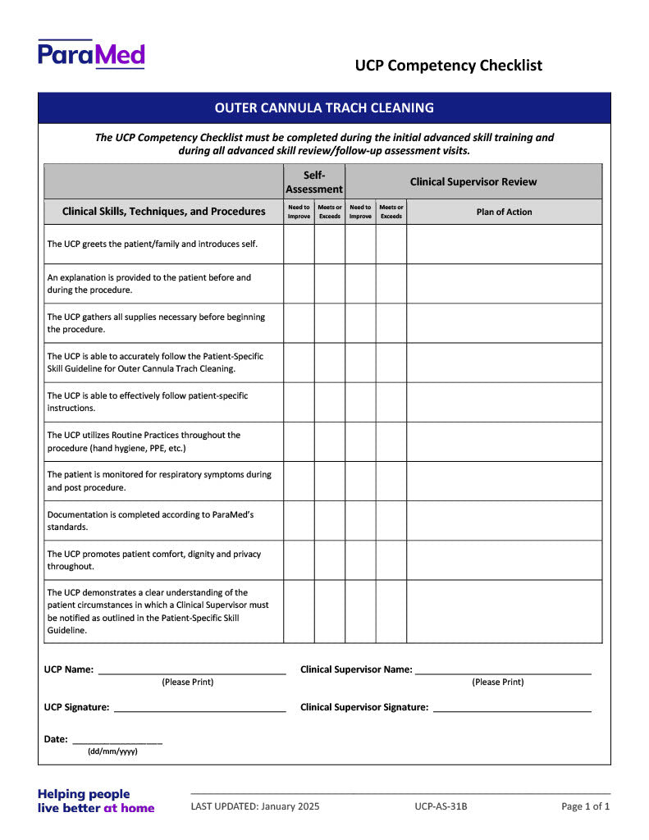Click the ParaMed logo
tap(91, 54)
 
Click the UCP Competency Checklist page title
tap(448, 66)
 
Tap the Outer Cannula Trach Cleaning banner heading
tap(324, 107)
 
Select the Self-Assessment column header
tap(314, 182)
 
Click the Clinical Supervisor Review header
tap(473, 182)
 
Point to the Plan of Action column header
tap(504, 212)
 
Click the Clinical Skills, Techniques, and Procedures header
tap(164, 212)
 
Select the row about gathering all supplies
tap(156, 322)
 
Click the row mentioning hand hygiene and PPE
tap(144, 441)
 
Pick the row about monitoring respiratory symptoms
tap(158, 481)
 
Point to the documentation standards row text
tap(150, 520)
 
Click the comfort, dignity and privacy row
tap(153, 559)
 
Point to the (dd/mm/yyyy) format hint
tap(112, 751)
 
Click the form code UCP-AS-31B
tap(441, 806)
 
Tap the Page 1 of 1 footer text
tap(585, 806)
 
